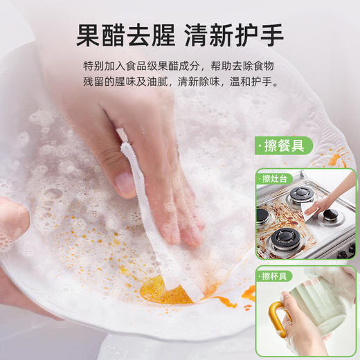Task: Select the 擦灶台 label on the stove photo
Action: click(x=276, y=179)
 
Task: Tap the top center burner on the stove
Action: click(x=300, y=196)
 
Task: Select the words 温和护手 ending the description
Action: click(x=255, y=82)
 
